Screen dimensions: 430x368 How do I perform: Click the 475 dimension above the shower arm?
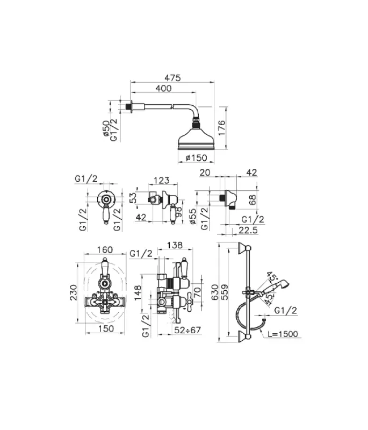coord(172,77)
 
